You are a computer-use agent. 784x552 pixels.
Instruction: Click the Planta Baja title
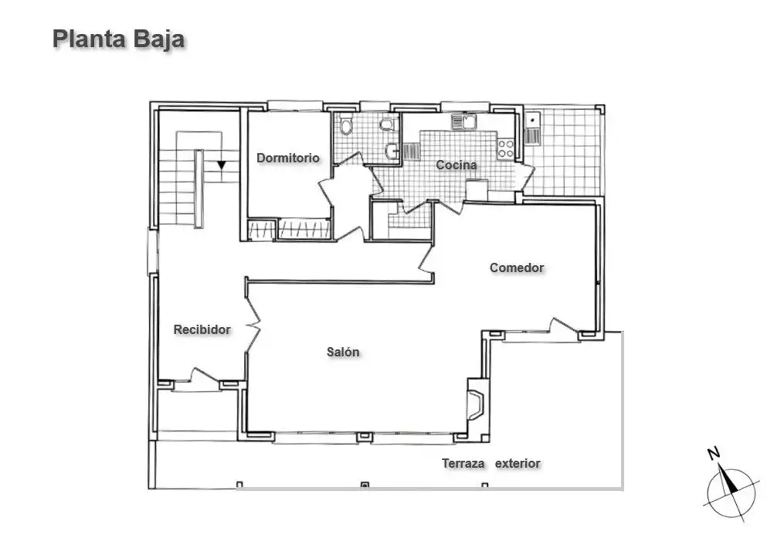click(118, 39)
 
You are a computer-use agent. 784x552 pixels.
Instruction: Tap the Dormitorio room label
click(288, 158)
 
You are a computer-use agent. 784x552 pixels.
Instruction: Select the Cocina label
click(456, 165)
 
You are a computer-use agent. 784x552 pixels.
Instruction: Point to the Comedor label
click(517, 267)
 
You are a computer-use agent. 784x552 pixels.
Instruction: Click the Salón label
click(343, 352)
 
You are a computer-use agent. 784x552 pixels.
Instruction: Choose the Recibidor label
click(202, 329)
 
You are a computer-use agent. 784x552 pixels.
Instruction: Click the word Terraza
click(463, 463)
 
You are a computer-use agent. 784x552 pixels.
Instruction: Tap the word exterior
click(518, 463)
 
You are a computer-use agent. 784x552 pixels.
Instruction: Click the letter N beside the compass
click(714, 454)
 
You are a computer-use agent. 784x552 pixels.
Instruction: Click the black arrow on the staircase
click(222, 165)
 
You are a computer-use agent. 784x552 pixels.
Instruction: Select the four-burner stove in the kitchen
click(505, 149)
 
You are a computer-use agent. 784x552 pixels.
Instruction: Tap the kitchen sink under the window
click(464, 121)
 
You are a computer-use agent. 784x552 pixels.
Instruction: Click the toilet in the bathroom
click(345, 125)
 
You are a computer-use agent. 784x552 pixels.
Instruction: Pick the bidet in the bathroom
click(386, 124)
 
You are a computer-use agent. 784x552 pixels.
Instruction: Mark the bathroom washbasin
click(392, 150)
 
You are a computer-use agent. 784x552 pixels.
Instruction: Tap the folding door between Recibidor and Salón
click(253, 324)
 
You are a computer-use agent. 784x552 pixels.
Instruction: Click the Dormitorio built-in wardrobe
click(290, 230)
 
